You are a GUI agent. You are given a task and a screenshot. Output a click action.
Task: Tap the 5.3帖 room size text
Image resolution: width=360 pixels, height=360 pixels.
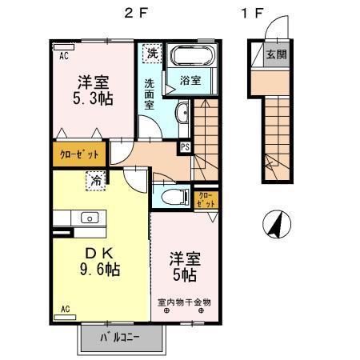[x=93, y=99]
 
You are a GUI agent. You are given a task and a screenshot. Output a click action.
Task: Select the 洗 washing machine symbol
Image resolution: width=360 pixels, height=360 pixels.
[x=152, y=54]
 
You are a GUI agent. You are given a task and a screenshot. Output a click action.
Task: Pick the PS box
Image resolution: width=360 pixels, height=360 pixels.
[x=185, y=146]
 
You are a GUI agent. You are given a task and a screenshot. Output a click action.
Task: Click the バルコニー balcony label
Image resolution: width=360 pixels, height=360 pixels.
[x=119, y=338]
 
